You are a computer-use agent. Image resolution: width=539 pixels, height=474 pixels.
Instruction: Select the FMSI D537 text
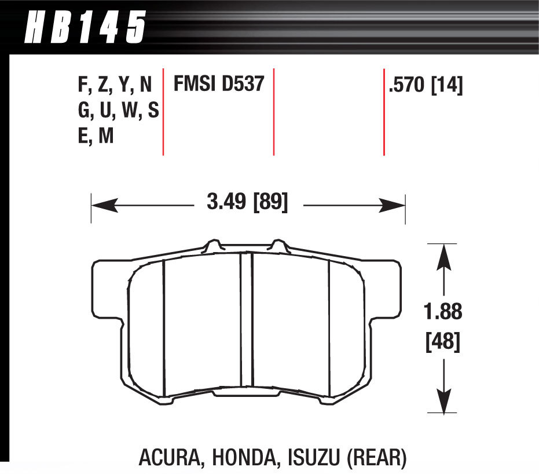coord(219,85)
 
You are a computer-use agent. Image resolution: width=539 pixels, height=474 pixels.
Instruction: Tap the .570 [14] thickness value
coord(426,86)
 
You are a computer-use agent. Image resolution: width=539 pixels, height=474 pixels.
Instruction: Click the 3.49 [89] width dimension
coord(247,203)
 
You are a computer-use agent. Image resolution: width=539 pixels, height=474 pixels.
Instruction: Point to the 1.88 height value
coord(443,312)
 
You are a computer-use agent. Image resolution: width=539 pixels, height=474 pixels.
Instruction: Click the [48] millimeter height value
coord(443,343)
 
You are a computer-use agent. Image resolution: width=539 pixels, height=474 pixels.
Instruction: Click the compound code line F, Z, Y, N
coord(115,86)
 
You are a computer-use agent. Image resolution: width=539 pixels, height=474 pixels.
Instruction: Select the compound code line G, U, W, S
coord(118,110)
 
